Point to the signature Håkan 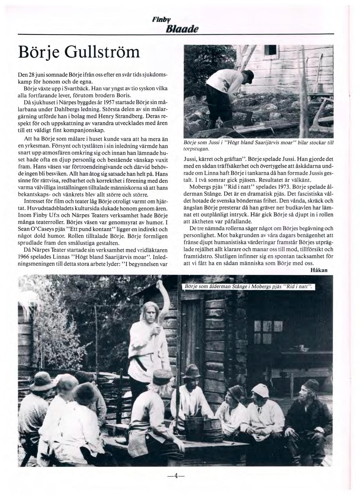click(x=319, y=270)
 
